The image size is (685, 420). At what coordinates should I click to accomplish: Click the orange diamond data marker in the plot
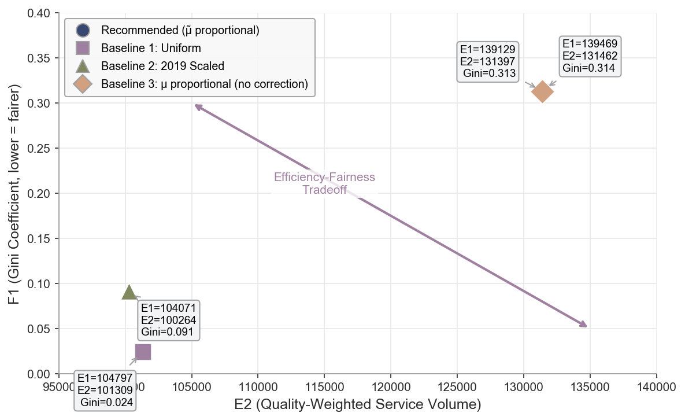pyautogui.click(x=542, y=91)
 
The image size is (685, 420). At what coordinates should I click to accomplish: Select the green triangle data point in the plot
pyautogui.click(x=129, y=293)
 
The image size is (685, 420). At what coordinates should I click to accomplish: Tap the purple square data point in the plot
pyautogui.click(x=143, y=352)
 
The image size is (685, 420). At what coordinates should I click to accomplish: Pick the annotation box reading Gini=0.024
pyautogui.click(x=105, y=390)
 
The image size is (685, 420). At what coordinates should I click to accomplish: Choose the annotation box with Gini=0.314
pyautogui.click(x=590, y=56)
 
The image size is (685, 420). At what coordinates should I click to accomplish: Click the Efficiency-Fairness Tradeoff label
pyautogui.click(x=324, y=183)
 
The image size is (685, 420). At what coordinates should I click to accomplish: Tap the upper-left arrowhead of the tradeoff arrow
pyautogui.click(x=197, y=106)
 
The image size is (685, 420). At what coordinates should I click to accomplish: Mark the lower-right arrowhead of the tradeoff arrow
pyautogui.click(x=585, y=326)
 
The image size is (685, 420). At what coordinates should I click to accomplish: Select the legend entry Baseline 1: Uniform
pyautogui.click(x=151, y=47)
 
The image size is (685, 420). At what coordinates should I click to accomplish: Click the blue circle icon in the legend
pyautogui.click(x=83, y=30)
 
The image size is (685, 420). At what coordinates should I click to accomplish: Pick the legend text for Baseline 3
pyautogui.click(x=204, y=84)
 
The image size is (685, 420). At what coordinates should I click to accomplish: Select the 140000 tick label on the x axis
pyautogui.click(x=656, y=385)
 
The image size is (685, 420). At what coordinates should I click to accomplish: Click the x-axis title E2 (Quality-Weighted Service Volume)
pyautogui.click(x=357, y=404)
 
